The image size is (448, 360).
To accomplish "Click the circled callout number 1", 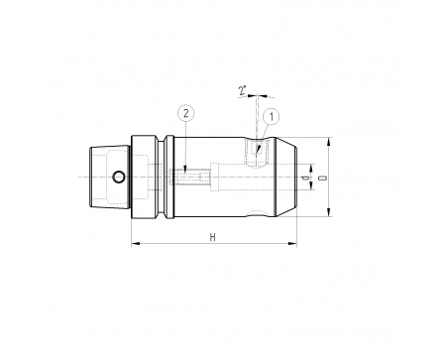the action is point(272,117).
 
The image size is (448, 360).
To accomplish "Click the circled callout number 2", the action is point(186,113).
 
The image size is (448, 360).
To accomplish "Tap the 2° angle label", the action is point(243,90).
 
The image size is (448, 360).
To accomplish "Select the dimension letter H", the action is point(213,237).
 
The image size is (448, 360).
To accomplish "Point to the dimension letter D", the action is point(324,178).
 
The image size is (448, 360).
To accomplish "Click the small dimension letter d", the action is point(306,178).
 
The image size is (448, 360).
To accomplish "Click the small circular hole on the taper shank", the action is point(119,177).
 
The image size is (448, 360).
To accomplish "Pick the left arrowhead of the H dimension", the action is point(136,244).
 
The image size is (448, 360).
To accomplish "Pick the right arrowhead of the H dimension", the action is point(292,244).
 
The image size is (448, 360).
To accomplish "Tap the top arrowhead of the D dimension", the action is point(328,142).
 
